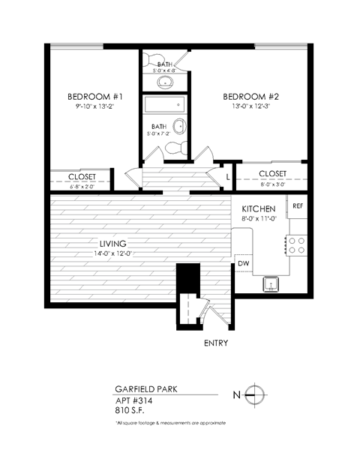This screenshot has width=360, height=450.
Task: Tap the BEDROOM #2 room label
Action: [251, 97]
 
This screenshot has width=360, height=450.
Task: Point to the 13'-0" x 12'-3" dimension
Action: [251, 109]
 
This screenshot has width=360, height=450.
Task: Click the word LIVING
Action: [112, 244]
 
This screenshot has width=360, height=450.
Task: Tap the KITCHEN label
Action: [259, 208]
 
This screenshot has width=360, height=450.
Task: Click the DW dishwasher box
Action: [244, 264]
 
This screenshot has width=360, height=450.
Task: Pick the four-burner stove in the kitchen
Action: [296, 245]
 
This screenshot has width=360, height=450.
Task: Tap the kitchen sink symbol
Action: [269, 283]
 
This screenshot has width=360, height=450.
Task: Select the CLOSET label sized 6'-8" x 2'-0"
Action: [82, 178]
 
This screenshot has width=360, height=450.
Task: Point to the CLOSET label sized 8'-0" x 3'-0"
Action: [272, 174]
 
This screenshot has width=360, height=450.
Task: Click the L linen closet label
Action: [227, 177]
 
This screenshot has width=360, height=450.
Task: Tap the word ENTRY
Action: [216, 343]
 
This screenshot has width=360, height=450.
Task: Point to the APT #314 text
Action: [132, 401]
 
